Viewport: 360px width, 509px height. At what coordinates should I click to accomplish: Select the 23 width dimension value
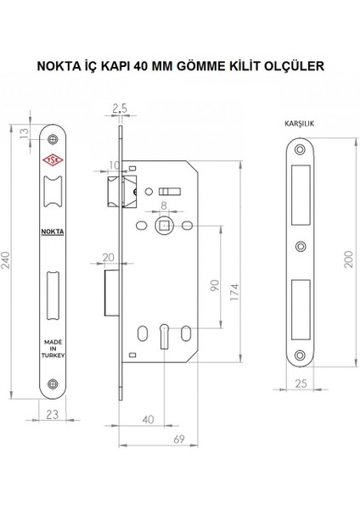coord(53,415)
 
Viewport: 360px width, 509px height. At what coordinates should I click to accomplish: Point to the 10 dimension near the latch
coord(114,164)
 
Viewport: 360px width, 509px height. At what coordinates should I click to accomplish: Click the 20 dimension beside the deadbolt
coord(107,257)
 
